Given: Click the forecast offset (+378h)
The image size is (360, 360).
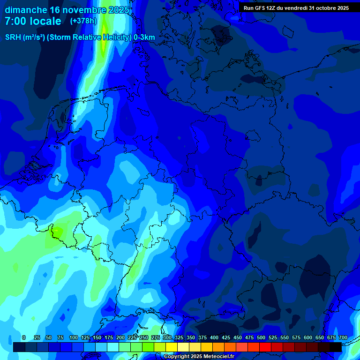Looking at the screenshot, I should (83, 21).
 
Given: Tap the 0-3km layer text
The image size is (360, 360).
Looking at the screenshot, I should (144, 37).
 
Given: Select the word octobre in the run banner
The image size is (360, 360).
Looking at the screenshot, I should (328, 8).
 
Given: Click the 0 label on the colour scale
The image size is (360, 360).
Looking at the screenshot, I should (23, 338).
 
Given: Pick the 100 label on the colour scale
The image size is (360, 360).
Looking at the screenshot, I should (74, 338).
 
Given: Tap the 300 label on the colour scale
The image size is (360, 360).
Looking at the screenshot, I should (167, 338).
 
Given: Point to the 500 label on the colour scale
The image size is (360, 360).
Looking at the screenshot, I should (261, 338).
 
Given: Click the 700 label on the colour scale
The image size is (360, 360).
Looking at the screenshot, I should (343, 338).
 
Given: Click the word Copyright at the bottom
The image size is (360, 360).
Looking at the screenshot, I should (177, 357).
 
